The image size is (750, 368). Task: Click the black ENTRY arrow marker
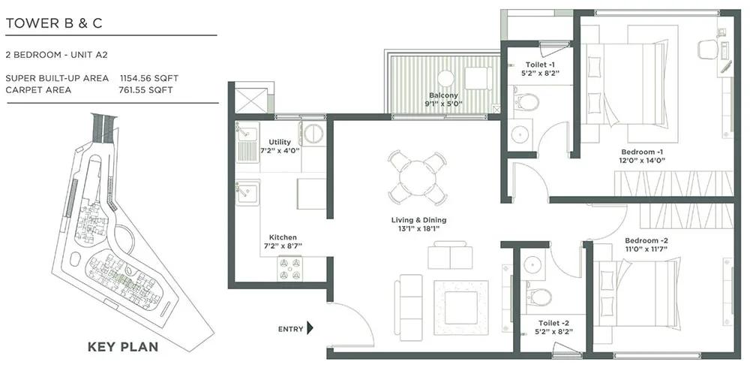click(x=310, y=328)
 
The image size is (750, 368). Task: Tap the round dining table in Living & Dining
click(x=418, y=177)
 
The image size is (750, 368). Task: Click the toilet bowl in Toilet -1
click(x=526, y=102)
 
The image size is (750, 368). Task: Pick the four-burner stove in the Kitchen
click(x=289, y=269)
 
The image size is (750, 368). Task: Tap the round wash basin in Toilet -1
click(x=520, y=134)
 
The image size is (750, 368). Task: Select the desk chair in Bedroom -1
click(x=708, y=50)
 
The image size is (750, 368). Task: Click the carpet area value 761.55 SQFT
click(x=145, y=89)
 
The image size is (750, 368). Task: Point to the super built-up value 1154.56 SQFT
click(x=149, y=78)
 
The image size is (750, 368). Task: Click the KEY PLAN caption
click(x=123, y=347)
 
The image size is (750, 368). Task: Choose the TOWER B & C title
click(x=54, y=23)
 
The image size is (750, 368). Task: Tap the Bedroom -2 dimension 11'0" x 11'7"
click(x=646, y=249)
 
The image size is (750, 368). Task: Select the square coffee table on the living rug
click(x=461, y=308)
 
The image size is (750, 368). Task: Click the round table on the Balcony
click(x=445, y=78)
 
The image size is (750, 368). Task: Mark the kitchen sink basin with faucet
click(x=247, y=192)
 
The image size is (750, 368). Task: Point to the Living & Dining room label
click(x=418, y=220)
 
